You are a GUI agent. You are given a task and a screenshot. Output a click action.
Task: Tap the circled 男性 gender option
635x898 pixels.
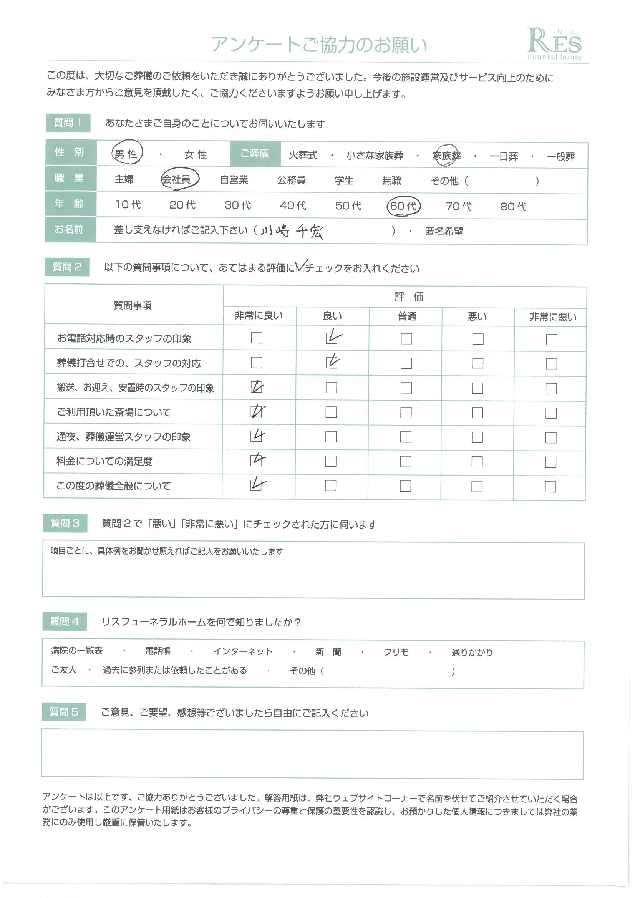tap(127, 154)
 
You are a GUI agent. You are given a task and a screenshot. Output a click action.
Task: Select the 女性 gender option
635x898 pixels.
tap(196, 155)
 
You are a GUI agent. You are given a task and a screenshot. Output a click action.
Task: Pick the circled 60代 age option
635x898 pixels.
tap(403, 206)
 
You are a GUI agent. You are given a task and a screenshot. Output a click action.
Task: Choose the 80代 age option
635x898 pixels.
tap(513, 207)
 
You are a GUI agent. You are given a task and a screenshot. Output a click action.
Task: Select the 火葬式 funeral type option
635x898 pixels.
tap(303, 156)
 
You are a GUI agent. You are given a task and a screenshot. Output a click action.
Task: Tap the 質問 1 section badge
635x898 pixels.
tap(68, 123)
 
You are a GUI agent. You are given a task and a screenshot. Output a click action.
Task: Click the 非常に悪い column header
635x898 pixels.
tap(552, 317)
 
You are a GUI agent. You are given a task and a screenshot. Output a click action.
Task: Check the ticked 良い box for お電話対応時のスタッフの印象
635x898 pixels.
tap(332, 338)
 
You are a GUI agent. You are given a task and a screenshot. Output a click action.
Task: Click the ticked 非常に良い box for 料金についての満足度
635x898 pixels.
tap(256, 461)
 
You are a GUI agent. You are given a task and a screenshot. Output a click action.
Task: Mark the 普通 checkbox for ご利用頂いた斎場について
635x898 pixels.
tap(406, 413)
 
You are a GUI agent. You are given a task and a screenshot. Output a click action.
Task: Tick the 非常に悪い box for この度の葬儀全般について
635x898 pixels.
tap(550, 487)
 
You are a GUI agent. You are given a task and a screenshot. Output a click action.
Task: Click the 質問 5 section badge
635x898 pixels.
tap(64, 712)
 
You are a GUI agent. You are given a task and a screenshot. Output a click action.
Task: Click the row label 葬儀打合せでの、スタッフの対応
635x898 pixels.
tap(129, 363)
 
